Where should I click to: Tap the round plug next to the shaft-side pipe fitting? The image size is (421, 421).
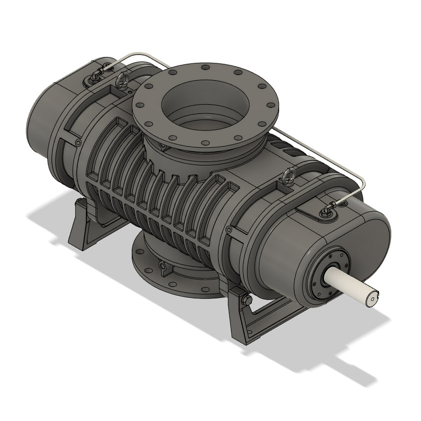tap(345, 205)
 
